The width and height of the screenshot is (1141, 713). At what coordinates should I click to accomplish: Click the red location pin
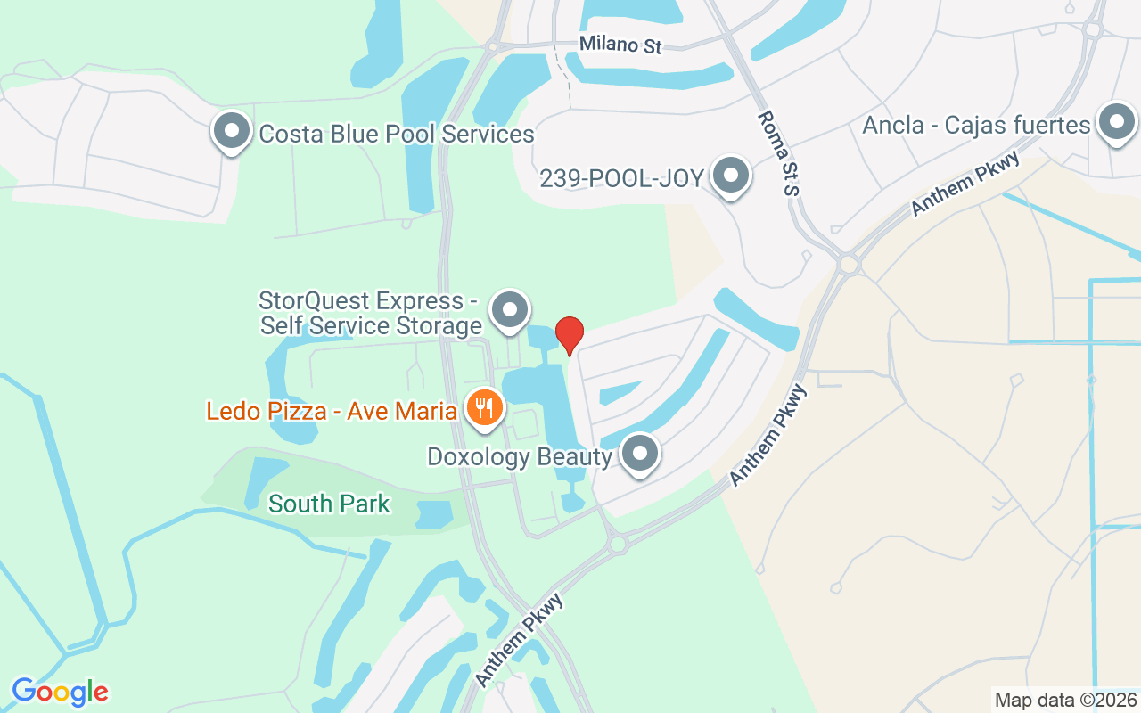(570, 335)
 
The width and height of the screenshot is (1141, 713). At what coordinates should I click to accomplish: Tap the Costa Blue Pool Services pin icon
(232, 131)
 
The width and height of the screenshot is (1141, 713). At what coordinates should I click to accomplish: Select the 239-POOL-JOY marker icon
(731, 176)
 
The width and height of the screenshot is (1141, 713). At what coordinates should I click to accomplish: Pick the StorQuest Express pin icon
(510, 311)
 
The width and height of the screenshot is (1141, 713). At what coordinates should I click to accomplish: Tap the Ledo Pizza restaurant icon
(484, 409)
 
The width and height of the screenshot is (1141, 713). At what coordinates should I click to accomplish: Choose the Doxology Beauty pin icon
(639, 454)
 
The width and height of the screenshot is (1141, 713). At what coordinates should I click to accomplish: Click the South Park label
(329, 504)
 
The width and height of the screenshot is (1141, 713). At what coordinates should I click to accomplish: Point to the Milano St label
(620, 45)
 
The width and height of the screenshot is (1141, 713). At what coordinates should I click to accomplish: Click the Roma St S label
(777, 152)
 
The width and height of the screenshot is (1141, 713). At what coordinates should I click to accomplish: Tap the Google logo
(60, 692)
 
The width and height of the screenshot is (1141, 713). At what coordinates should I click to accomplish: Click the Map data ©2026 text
(1065, 700)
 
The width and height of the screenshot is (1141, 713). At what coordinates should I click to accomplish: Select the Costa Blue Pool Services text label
(396, 134)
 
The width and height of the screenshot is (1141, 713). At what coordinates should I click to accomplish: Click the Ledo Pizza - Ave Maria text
(332, 412)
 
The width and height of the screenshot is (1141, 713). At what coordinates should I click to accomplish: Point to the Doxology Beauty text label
(520, 457)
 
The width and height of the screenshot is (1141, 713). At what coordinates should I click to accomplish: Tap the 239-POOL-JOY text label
(622, 178)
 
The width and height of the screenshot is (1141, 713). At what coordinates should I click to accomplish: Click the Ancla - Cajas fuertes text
(976, 125)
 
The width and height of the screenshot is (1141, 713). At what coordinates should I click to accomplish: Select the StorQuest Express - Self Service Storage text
(371, 313)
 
